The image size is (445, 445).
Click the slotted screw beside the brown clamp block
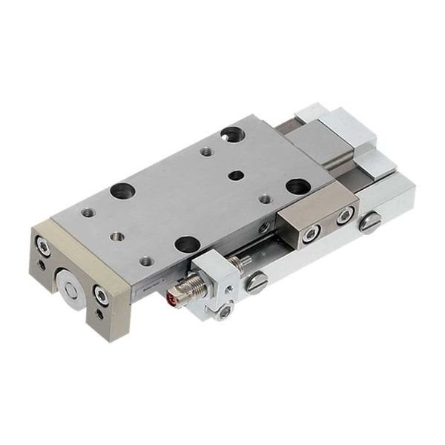point(369,222)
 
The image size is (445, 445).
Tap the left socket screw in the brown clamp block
point(310,234)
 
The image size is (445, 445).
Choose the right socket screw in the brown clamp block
point(344,217)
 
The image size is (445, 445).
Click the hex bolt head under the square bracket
point(225,313)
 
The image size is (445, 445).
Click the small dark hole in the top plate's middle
point(236,176)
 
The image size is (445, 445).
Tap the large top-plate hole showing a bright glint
point(231,134)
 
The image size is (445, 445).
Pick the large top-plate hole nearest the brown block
point(298,186)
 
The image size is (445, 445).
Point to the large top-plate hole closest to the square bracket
point(186,243)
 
